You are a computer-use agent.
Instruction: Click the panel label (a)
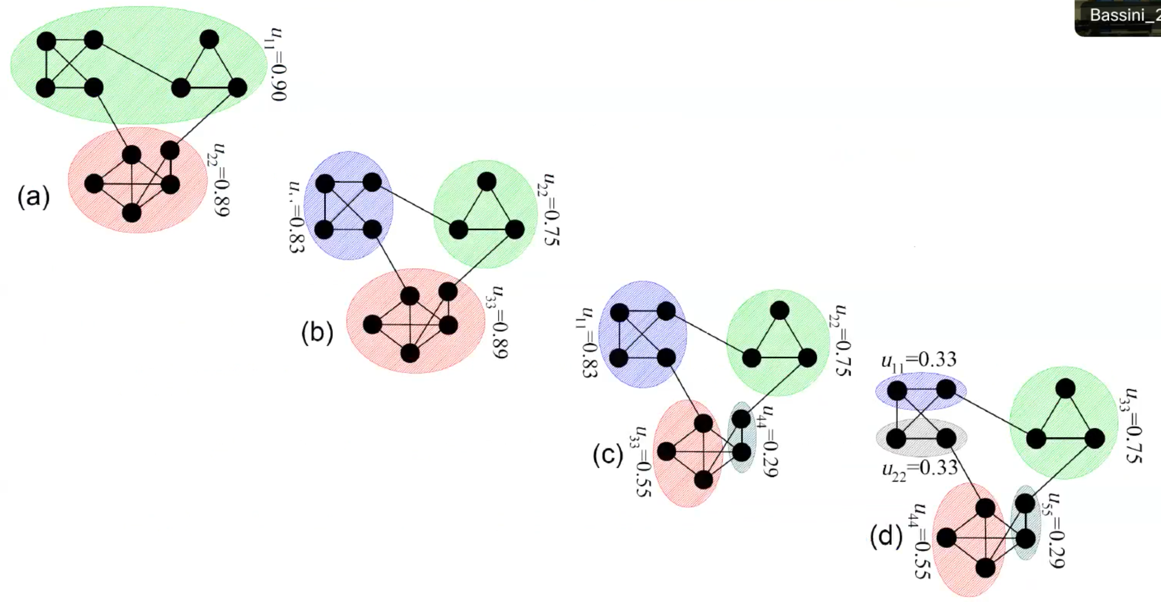pos(34,197)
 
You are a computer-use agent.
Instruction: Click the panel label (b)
pos(317,333)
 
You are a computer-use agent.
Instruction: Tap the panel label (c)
pos(608,454)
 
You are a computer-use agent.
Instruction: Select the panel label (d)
pos(886,537)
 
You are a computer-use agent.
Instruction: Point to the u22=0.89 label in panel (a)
pos(220,180)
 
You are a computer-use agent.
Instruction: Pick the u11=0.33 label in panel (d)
pos(919,361)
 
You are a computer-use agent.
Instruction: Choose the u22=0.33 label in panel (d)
pos(920,469)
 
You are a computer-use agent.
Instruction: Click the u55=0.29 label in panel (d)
pos(1055,530)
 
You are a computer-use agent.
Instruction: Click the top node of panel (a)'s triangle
pos(209,39)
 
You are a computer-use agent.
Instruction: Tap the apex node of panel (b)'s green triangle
pos(486,182)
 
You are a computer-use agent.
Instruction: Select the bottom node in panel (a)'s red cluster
pos(132,212)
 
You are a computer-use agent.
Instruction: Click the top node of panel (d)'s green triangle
pos(1065,389)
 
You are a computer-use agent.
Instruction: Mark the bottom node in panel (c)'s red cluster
pos(704,480)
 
